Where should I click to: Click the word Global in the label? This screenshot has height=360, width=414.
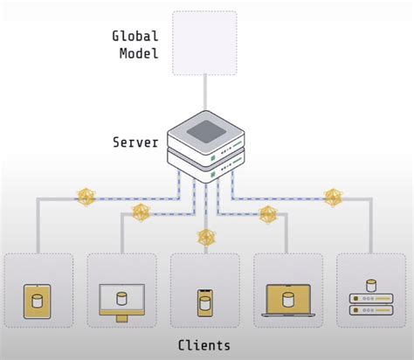pyautogui.click(x=135, y=36)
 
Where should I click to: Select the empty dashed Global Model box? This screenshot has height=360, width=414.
pyautogui.click(x=204, y=42)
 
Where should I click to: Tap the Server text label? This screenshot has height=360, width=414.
pyautogui.click(x=135, y=141)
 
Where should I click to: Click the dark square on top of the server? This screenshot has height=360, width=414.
pyautogui.click(x=205, y=131)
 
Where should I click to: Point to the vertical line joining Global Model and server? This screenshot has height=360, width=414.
pyautogui.click(x=205, y=93)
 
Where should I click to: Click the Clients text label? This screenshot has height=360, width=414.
pyautogui.click(x=204, y=345)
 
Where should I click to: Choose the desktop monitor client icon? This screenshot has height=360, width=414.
pyautogui.click(x=121, y=300)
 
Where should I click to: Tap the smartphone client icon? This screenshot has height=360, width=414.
pyautogui.click(x=204, y=302)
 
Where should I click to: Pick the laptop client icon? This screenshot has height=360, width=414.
pyautogui.click(x=287, y=301)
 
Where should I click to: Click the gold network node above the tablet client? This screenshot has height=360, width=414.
pyautogui.click(x=86, y=197)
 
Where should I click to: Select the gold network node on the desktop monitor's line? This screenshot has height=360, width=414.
pyautogui.click(x=141, y=212)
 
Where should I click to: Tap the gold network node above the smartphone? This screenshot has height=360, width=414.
pyautogui.click(x=206, y=236)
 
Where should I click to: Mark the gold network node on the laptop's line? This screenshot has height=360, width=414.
pyautogui.click(x=269, y=213)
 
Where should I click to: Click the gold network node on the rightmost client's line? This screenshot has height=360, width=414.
pyautogui.click(x=333, y=197)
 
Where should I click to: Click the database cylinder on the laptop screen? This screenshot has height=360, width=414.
pyautogui.click(x=287, y=298)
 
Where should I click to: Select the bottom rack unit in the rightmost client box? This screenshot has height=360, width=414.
pyautogui.click(x=371, y=313)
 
